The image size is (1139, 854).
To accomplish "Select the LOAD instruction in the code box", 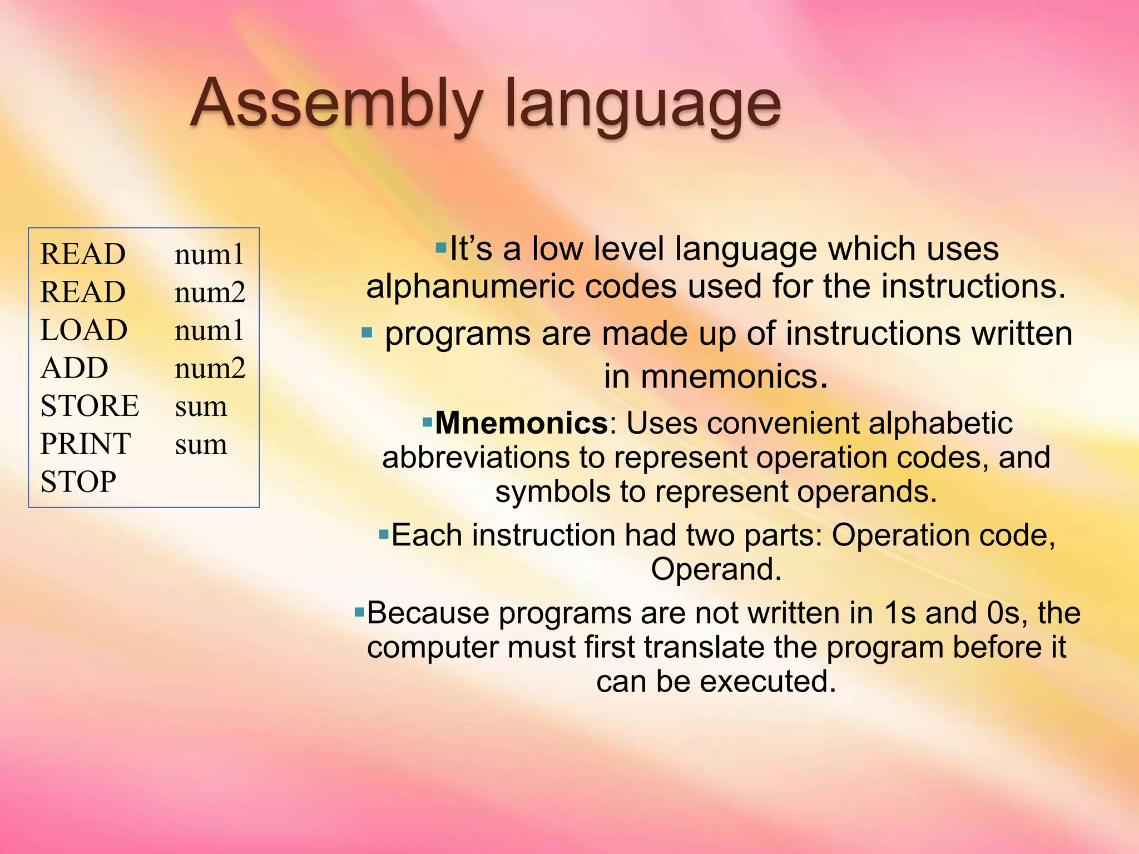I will coord(84,330).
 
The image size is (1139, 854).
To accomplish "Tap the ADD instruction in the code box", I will coord(75,368).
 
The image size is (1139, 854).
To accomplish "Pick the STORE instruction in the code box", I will coord(90,406).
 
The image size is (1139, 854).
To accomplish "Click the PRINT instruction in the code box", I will coord(86,444).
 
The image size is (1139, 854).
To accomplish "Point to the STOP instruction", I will coord(78,481).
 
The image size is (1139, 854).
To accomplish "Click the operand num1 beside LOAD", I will coord(209,330).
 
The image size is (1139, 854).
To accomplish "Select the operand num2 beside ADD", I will coord(210,368).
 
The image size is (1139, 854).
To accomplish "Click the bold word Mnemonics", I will coord(522,423).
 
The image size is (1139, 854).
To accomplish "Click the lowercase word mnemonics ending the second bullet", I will coord(729,377).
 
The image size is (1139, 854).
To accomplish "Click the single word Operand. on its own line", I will coord(716,569).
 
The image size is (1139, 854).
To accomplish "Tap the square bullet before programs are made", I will coord(367,333).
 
